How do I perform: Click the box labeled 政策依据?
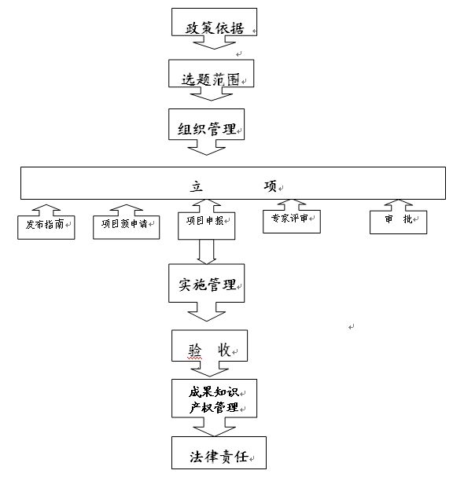pos(214,22)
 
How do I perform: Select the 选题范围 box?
pos(211,73)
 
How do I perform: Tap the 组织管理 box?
pos(207,124)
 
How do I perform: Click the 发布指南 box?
pos(46,227)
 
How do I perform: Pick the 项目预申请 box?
pos(127,227)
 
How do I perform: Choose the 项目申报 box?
pos(207,226)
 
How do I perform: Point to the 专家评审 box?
pos(292,222)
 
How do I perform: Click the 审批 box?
pos(399,222)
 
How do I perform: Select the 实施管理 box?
pos(207,283)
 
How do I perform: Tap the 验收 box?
pos(209,346)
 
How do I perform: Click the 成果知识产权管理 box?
pos(214,399)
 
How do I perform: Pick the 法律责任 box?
pos(219,453)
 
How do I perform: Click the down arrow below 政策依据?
pos(214,42)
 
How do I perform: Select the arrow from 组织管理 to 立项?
pos(207,148)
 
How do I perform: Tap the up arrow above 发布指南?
pos(46,210)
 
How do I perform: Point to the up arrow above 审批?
pos(399,205)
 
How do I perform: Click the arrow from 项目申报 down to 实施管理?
pos(207,252)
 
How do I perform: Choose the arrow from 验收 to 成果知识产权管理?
pos(209,369)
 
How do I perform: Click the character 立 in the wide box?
pos(197,186)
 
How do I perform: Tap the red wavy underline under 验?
pos(195,358)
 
